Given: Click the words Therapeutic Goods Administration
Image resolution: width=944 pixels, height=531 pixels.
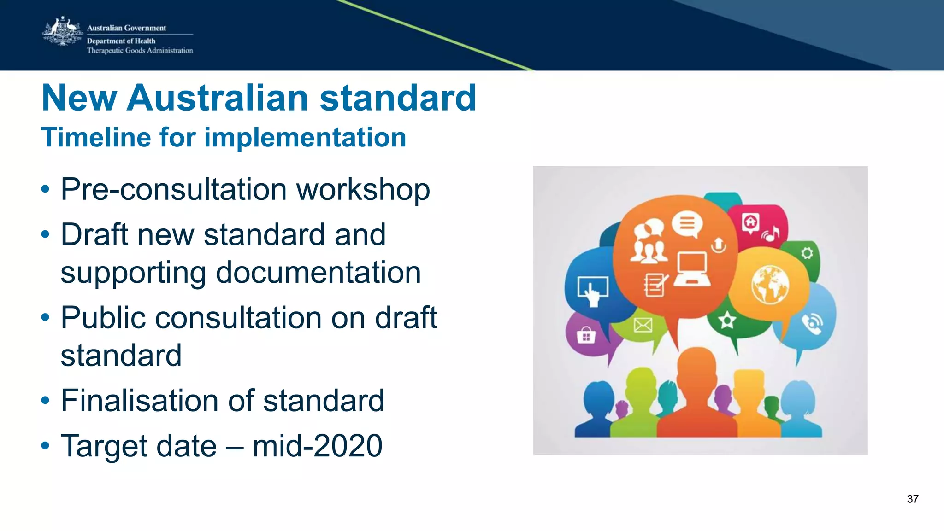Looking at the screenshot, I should (x=140, y=51).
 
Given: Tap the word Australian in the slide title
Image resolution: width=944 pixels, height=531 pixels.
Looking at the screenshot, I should (x=218, y=98).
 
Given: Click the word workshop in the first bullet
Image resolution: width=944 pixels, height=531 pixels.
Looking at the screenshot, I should (x=363, y=189).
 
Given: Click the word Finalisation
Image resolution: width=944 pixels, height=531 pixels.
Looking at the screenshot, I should (x=157, y=400).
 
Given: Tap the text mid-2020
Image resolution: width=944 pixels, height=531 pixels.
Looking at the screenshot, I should (x=317, y=446).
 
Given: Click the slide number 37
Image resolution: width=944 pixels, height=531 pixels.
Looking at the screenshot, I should (x=912, y=499).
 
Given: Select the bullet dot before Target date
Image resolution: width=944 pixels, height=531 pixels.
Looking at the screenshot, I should (x=45, y=446).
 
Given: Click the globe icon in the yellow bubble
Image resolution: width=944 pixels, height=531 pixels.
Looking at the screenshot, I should (x=769, y=284).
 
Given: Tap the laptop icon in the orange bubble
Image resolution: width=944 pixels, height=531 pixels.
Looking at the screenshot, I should (x=692, y=269).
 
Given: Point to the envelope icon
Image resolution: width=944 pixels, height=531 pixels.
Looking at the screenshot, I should (x=643, y=325).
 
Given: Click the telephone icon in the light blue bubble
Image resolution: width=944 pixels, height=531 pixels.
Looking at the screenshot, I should (x=812, y=324).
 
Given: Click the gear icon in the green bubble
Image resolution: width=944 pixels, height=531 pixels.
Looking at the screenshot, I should (x=807, y=253).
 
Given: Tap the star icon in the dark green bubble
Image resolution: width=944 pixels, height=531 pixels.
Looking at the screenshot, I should (x=727, y=320).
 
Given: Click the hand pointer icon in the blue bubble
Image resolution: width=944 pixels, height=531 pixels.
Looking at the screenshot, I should (x=593, y=291).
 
